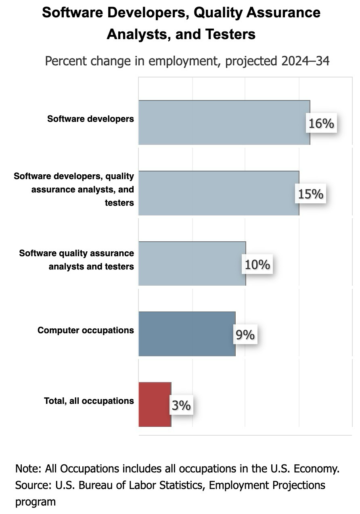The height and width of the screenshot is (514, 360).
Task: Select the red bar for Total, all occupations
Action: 155,404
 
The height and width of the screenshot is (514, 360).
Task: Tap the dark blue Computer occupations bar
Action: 186,334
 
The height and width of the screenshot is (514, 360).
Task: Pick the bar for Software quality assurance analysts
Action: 192,263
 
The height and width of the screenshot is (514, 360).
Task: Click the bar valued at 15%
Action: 218,193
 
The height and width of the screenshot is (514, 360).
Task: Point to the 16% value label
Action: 321,123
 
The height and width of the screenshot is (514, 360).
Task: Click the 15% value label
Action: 311,194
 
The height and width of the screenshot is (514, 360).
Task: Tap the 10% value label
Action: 257,265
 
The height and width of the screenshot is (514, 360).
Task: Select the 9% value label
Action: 245,335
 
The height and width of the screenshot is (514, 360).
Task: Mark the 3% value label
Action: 181,405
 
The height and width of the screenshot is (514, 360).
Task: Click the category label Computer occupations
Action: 86,330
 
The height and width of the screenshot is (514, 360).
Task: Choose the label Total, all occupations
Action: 89,401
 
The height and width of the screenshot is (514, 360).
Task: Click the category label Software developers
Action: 90,119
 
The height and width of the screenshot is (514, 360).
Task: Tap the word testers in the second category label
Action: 119,203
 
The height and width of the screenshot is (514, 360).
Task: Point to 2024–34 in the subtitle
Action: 303,61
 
